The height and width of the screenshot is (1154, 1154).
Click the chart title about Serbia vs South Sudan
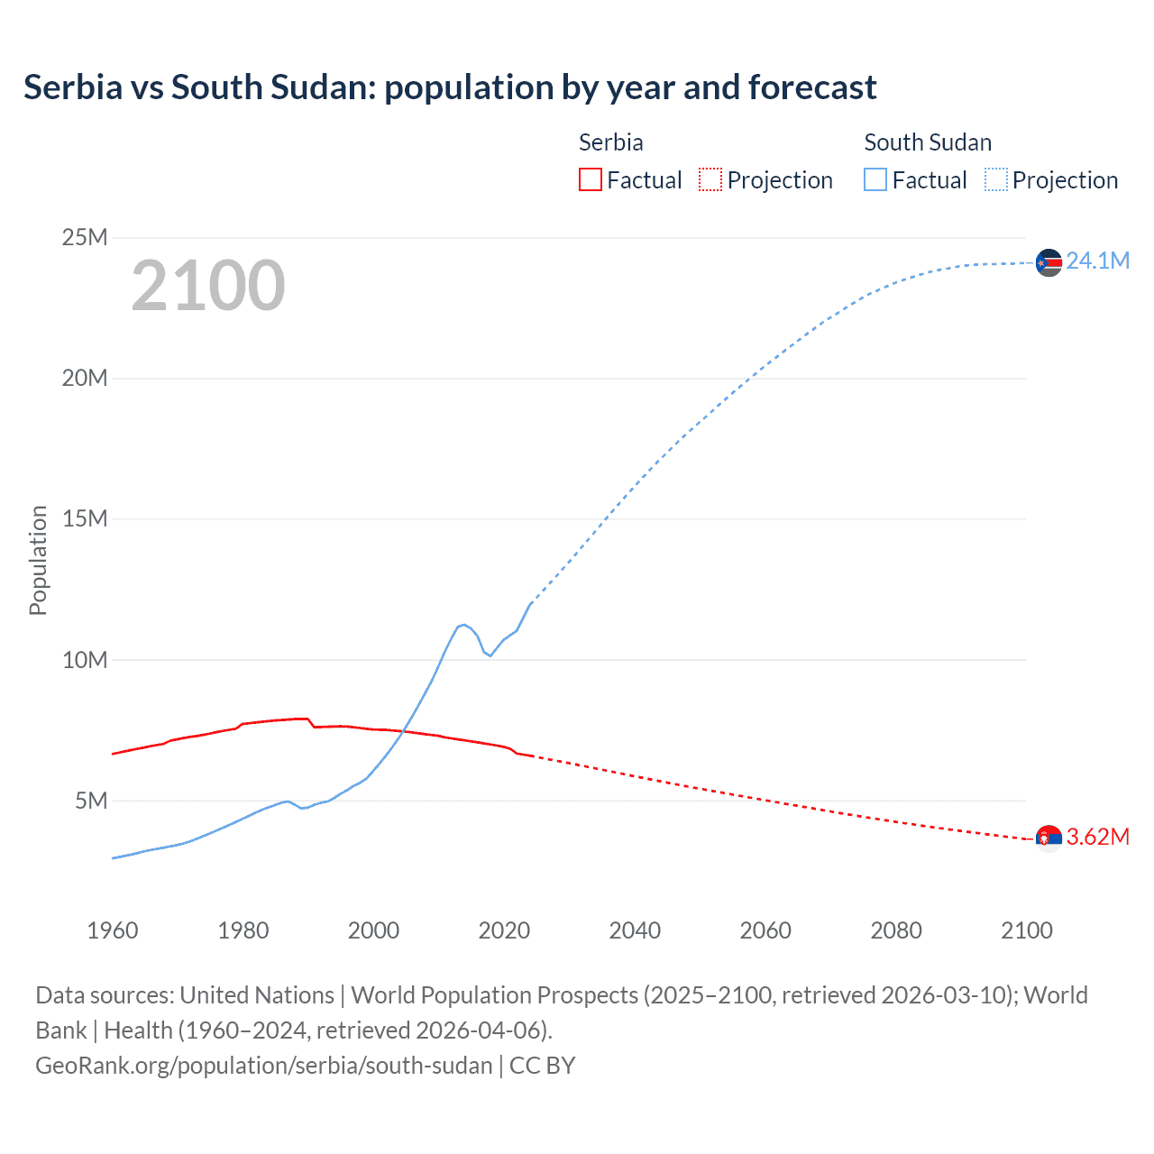pyautogui.click(x=450, y=87)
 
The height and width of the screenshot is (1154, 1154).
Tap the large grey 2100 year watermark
pyautogui.click(x=208, y=286)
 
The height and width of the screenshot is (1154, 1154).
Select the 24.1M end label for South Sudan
pyautogui.click(x=1097, y=261)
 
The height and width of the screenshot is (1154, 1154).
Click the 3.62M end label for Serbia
pyautogui.click(x=1097, y=837)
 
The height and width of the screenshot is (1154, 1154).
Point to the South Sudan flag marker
pyautogui.click(x=1049, y=262)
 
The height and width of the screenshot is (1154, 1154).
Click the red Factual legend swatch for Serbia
pyautogui.click(x=590, y=180)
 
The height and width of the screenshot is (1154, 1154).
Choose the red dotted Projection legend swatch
pyautogui.click(x=710, y=180)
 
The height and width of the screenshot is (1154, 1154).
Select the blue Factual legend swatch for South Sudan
pyautogui.click(x=875, y=180)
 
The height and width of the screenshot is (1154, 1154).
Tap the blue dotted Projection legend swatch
pyautogui.click(x=996, y=180)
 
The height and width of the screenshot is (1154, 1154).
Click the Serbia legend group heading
pyautogui.click(x=610, y=142)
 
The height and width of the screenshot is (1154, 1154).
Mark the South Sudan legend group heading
pyautogui.click(x=928, y=142)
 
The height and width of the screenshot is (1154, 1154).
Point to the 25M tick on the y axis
pyautogui.click(x=85, y=237)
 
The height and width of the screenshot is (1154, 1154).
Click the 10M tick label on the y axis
pyautogui.click(x=85, y=660)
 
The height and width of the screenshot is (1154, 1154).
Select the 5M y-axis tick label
pyautogui.click(x=91, y=801)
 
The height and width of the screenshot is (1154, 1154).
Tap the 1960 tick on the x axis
pyautogui.click(x=113, y=930)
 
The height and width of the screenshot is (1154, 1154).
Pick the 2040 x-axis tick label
pyautogui.click(x=635, y=930)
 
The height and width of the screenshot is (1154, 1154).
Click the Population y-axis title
pyautogui.click(x=38, y=560)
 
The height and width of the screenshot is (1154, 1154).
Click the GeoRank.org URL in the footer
pyautogui.click(x=263, y=1065)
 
